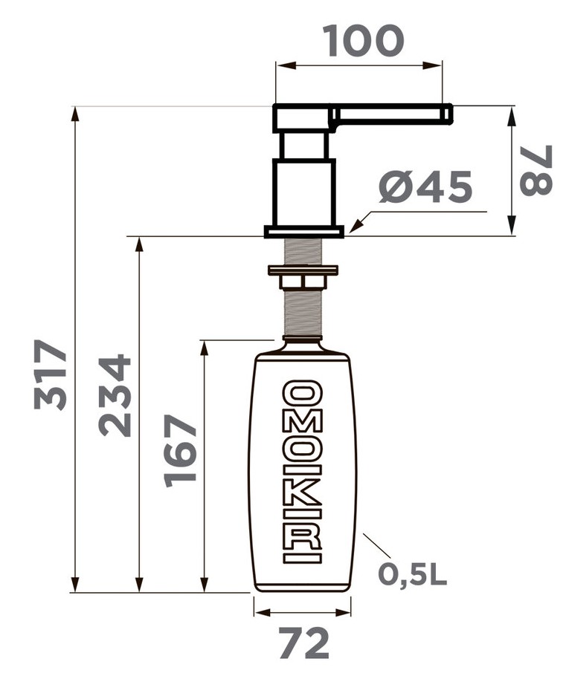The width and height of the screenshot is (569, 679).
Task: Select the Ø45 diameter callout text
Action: pyautogui.click(x=425, y=186)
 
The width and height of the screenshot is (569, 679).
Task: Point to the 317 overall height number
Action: pyautogui.click(x=51, y=375)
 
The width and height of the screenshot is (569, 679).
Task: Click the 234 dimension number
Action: pyautogui.click(x=115, y=395)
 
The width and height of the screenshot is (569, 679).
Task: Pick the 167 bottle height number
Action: pyautogui.click(x=181, y=451)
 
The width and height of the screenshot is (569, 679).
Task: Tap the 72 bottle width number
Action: pyautogui.click(x=303, y=643)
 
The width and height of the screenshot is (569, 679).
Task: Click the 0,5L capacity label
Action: pyautogui.click(x=412, y=574)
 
